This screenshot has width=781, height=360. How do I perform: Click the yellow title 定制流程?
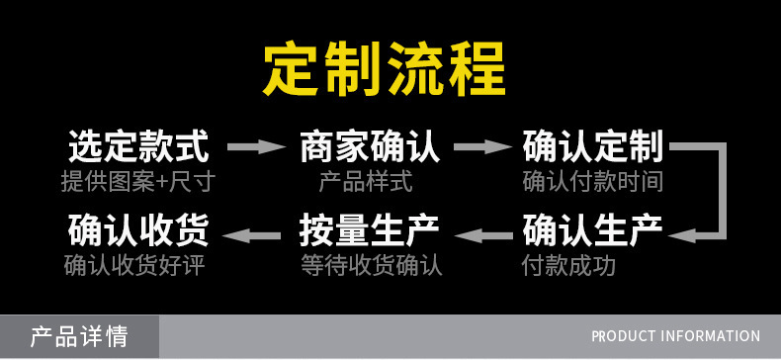(384, 68)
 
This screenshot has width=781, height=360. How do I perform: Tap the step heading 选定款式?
(138, 146)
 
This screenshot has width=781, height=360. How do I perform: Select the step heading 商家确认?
(370, 146)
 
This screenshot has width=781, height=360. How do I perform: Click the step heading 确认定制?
(593, 146)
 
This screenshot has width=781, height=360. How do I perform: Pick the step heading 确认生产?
(593, 230)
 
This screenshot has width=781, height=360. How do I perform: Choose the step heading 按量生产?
(370, 230)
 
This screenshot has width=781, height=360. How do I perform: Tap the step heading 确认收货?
(138, 230)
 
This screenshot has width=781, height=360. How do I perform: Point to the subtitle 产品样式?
(366, 182)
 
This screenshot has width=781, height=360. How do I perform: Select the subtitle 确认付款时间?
(593, 182)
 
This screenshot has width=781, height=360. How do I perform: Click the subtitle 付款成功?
(568, 266)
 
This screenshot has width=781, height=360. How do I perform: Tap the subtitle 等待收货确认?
(372, 266)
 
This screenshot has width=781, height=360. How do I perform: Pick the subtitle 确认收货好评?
(134, 266)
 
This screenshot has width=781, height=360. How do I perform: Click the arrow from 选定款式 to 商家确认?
(256, 146)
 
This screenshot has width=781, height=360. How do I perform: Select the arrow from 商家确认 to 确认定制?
(482, 146)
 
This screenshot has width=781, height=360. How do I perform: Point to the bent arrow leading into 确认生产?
(723, 190)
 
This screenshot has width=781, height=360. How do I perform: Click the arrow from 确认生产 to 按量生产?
(483, 235)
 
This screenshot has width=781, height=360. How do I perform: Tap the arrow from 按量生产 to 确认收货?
(251, 235)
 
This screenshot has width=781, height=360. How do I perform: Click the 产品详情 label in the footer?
(79, 336)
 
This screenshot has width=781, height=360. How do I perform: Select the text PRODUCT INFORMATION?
(676, 336)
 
